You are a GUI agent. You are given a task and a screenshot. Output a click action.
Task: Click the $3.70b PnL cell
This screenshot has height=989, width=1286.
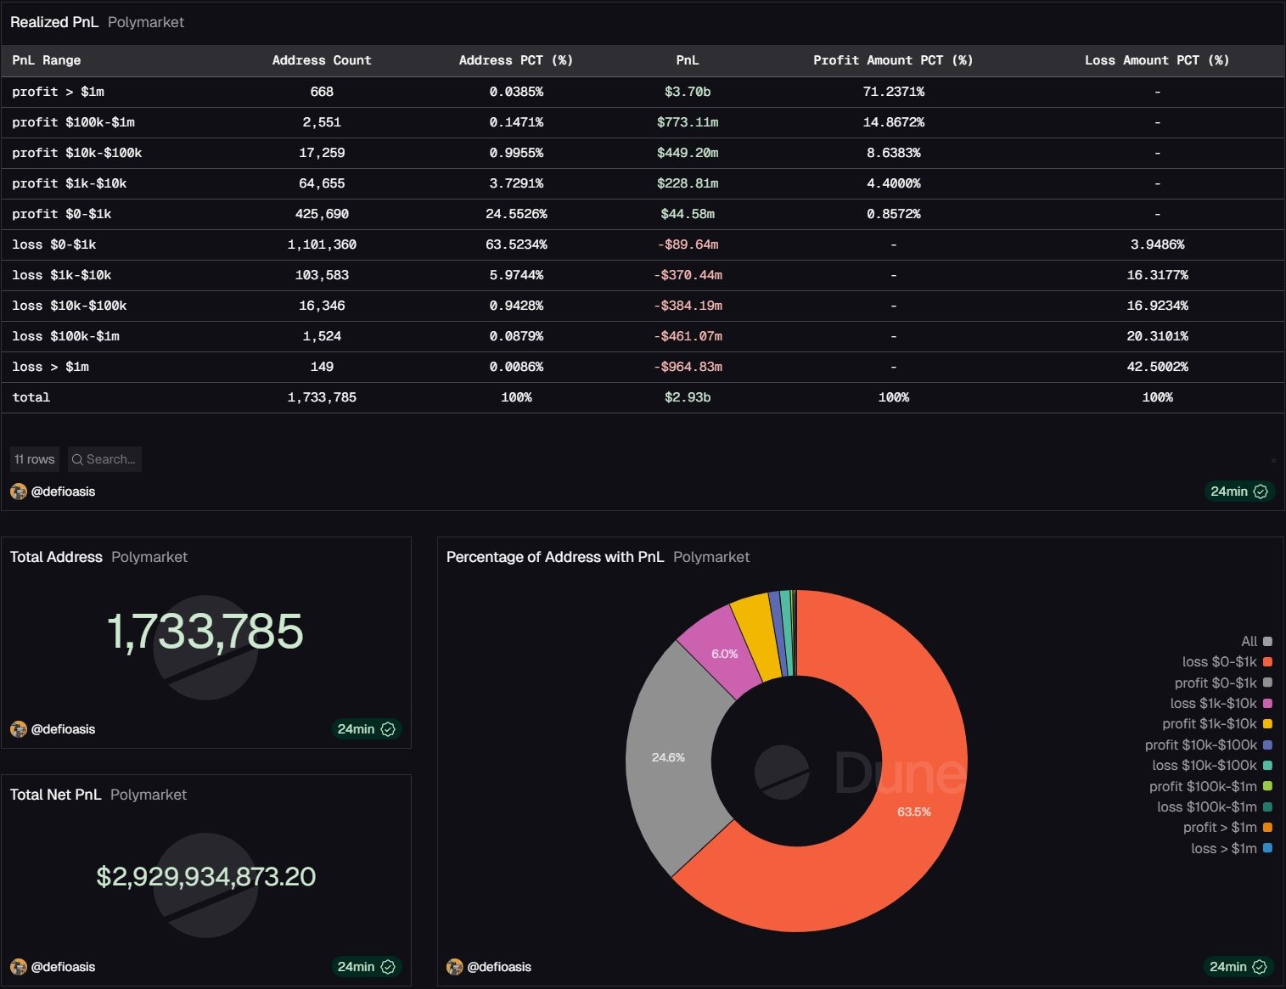(x=687, y=92)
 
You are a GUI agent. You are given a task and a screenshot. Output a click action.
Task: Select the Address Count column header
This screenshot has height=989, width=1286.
(x=321, y=60)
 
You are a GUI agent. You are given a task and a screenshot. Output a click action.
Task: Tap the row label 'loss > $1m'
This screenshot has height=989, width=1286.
(x=50, y=367)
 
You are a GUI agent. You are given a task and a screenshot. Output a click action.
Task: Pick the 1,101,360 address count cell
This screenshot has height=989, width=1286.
(x=322, y=244)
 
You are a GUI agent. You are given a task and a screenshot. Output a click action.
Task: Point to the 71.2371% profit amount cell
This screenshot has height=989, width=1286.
(x=893, y=92)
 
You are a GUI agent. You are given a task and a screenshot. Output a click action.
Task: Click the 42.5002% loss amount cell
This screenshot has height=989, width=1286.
(x=1157, y=367)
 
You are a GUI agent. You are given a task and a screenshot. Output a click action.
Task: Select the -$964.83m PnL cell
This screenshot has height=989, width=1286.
(x=688, y=367)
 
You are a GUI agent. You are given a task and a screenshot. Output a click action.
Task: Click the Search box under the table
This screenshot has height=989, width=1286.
(x=105, y=459)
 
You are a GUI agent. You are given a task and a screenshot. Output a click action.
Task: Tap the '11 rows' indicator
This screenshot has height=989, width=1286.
(x=35, y=459)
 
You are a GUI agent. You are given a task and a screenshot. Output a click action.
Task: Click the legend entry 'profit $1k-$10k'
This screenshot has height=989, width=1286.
(x=1210, y=724)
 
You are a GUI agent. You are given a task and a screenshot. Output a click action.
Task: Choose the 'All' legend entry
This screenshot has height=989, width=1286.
(x=1249, y=642)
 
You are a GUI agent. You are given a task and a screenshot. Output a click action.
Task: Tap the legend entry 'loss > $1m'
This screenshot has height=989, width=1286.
(x=1224, y=848)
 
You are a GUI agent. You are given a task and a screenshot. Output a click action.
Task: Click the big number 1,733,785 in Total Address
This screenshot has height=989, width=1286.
(x=205, y=632)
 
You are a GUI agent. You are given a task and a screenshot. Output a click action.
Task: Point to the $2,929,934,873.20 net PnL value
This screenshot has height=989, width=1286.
(x=205, y=876)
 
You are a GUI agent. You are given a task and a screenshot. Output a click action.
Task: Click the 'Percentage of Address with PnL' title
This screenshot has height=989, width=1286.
(x=554, y=557)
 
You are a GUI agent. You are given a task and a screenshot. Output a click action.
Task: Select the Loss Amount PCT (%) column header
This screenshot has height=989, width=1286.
(x=1156, y=60)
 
